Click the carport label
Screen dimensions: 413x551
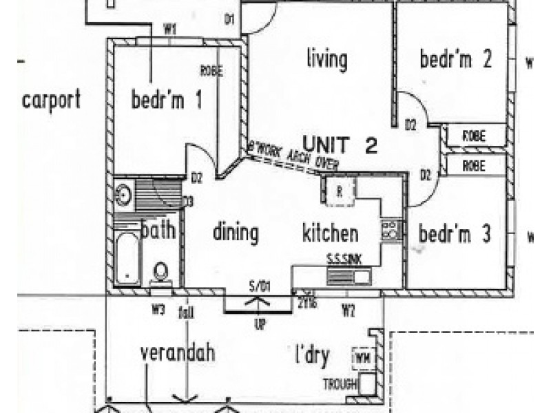pyautogui.click(x=52, y=100)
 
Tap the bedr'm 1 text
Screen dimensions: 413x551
pyautogui.click(x=167, y=101)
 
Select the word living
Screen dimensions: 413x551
pyautogui.click(x=326, y=59)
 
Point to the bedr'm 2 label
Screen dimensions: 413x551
pyautogui.click(x=455, y=60)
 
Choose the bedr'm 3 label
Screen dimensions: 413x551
pyautogui.click(x=454, y=234)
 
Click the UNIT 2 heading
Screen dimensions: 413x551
pyautogui.click(x=340, y=145)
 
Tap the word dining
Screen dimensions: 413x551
pyautogui.click(x=236, y=233)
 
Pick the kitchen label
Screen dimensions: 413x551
pyautogui.click(x=331, y=233)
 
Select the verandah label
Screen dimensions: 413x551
pyautogui.click(x=177, y=353)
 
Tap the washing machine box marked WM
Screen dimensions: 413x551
pyautogui.click(x=361, y=359)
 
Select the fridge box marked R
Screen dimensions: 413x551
pyautogui.click(x=340, y=191)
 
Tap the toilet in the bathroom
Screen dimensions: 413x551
pyautogui.click(x=160, y=273)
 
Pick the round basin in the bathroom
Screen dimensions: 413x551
pyautogui.click(x=123, y=193)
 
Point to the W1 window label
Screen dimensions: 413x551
pyautogui.click(x=170, y=29)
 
